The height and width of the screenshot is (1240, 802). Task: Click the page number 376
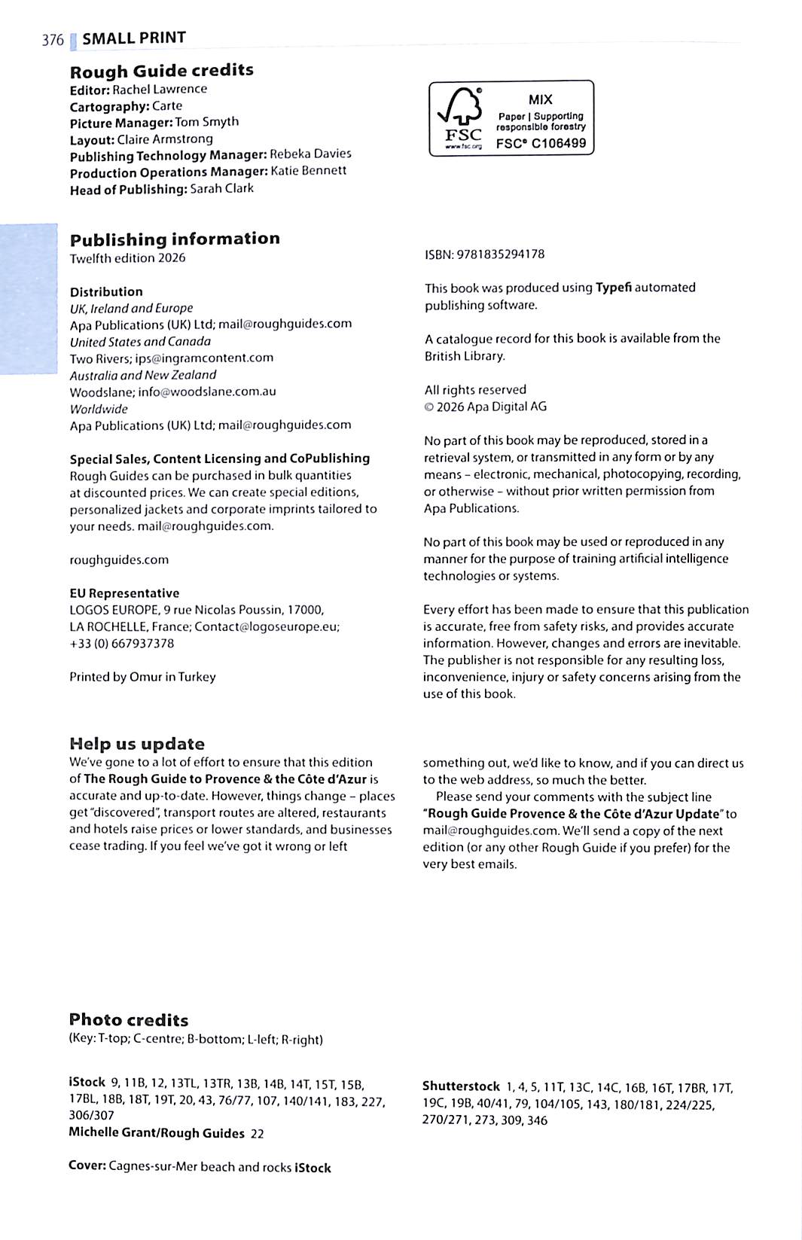[x=53, y=40]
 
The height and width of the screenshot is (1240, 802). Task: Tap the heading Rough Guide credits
[x=161, y=71]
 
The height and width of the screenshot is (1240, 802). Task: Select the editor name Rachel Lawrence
[x=160, y=89]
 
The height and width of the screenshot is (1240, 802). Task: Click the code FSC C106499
[x=541, y=143]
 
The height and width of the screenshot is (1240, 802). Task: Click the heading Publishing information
[x=175, y=239]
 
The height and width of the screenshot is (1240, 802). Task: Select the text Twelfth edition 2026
[x=127, y=258]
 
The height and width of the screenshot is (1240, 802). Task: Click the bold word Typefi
[x=613, y=288]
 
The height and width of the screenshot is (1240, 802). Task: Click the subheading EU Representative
[x=124, y=593]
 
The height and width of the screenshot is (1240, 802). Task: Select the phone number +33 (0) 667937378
[x=121, y=644]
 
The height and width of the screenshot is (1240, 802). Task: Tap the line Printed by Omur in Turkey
[x=142, y=677]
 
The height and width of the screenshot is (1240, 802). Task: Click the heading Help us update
[x=137, y=744]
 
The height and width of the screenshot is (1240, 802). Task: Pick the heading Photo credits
[x=129, y=1020]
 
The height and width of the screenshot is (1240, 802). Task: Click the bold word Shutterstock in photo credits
[x=461, y=1086]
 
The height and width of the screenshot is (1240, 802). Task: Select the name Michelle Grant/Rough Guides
[x=157, y=1133]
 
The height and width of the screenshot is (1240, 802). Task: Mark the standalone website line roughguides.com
[x=119, y=560]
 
